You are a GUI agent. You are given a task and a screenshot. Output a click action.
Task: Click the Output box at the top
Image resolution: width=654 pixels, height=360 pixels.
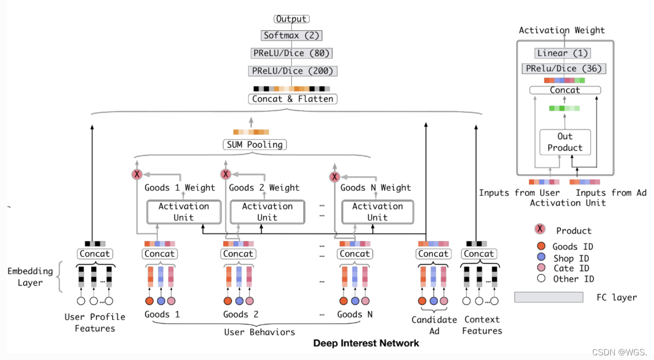coord(292,19)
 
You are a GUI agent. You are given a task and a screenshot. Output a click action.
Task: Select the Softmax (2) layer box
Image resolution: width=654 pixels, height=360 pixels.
coord(292,35)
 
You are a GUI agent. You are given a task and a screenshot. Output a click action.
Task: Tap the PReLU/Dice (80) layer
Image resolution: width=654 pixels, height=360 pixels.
coord(292,53)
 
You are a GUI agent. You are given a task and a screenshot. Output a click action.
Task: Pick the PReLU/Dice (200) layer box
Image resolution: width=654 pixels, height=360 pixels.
coord(292,71)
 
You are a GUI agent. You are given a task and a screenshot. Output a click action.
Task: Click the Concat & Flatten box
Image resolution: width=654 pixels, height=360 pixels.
coord(293,99)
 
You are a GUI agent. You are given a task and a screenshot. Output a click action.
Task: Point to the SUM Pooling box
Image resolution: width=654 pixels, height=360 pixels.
coord(255,145)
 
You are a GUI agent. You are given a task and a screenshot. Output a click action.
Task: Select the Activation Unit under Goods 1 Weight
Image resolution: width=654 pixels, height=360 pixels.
coord(184,212)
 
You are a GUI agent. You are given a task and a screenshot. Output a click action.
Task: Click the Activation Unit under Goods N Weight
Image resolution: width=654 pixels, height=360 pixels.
coord(377,212)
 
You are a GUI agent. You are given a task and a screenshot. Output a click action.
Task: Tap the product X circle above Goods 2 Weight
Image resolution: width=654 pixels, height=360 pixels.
coord(226,174)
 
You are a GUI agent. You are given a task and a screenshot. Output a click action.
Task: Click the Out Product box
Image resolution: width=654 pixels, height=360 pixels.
coord(565,142)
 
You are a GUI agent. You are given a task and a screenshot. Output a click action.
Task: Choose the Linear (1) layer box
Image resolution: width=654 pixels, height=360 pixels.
coord(563,53)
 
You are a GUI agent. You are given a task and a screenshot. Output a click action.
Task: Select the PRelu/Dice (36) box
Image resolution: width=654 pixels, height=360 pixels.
coord(564,68)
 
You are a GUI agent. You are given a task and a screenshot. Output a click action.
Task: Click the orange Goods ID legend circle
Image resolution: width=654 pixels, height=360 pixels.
coord(540,246)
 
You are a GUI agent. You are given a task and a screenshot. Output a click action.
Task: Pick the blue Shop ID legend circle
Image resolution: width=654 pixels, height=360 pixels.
coord(540,257)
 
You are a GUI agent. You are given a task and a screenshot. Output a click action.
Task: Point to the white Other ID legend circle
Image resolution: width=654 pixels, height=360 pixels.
coord(540,279)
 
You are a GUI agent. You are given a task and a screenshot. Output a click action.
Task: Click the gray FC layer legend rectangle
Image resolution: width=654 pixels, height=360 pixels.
coord(548,297)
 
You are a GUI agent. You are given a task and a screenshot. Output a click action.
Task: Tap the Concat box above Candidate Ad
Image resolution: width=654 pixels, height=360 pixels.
coord(433,254)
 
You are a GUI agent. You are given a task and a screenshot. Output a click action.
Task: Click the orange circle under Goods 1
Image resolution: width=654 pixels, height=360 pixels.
coord(150,301)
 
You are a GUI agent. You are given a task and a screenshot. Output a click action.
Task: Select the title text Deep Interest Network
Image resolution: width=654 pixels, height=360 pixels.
coord(366,343)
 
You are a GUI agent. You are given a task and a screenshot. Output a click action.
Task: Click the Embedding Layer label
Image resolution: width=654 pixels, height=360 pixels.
coord(30,277)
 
